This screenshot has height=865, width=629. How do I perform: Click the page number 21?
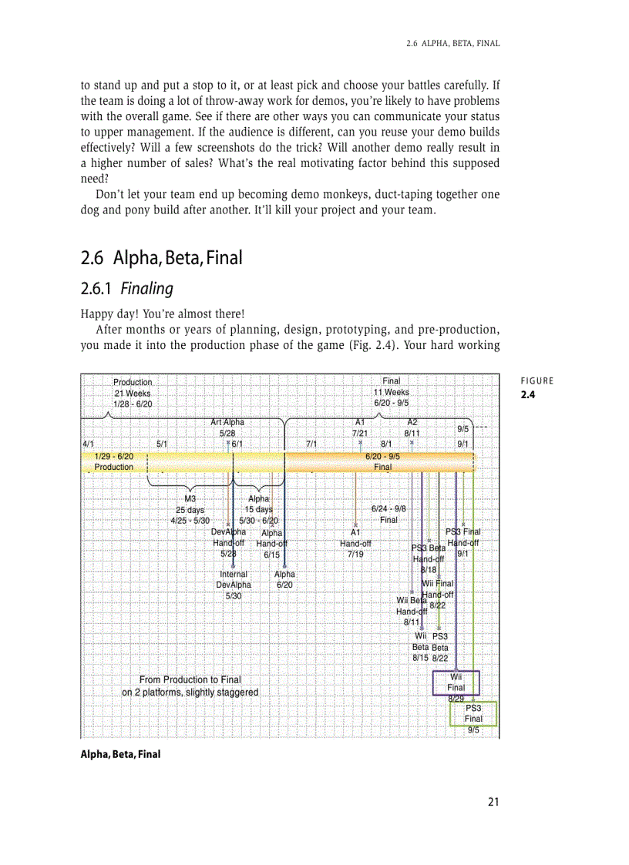[493, 802]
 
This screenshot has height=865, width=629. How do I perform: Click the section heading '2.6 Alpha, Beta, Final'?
[161, 257]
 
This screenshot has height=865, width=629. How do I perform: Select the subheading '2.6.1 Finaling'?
[126, 290]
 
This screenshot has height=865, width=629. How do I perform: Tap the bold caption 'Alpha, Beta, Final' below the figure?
[121, 754]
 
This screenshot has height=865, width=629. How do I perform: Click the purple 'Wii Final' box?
[456, 682]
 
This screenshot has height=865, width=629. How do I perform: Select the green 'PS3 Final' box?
[473, 713]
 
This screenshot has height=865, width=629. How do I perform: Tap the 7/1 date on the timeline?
[311, 444]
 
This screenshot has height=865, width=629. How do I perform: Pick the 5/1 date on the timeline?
[162, 444]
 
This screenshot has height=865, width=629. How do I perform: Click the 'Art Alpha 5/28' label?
[227, 428]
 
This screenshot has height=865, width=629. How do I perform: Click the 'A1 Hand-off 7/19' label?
[355, 543]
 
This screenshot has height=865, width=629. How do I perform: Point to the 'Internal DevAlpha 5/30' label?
[234, 585]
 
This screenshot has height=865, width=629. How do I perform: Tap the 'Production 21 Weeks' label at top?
[133, 392]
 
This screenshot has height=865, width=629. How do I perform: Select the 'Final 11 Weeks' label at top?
[391, 392]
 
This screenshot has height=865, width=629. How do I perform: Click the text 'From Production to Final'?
[190, 679]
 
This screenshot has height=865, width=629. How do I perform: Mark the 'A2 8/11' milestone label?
[412, 428]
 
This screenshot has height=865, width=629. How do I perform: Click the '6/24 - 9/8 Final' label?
[388, 515]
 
